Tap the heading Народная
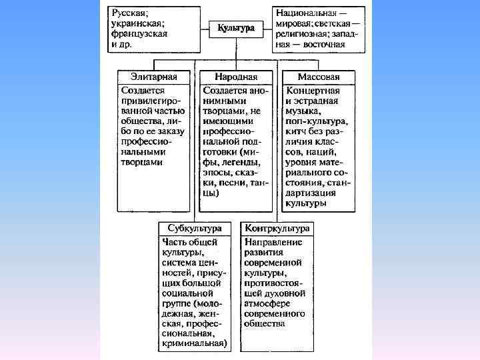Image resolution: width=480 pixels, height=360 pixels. tap(236, 76)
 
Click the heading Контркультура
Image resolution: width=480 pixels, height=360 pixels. tap(277, 228)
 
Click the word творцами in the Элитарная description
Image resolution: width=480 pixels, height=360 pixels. tap(142, 161)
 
